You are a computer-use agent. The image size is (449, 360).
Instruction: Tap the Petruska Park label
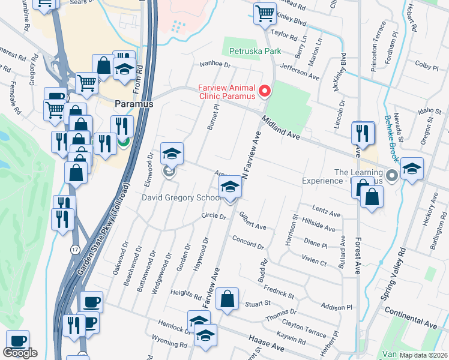253,52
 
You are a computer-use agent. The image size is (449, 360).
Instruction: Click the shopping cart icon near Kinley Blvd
264,13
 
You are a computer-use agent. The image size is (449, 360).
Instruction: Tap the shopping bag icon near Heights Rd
228,299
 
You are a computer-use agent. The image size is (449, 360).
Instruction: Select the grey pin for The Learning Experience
392,176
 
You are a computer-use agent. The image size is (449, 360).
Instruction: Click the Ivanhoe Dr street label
215,64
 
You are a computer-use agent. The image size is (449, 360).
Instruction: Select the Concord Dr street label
248,241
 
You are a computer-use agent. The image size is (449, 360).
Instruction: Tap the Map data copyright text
423,355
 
